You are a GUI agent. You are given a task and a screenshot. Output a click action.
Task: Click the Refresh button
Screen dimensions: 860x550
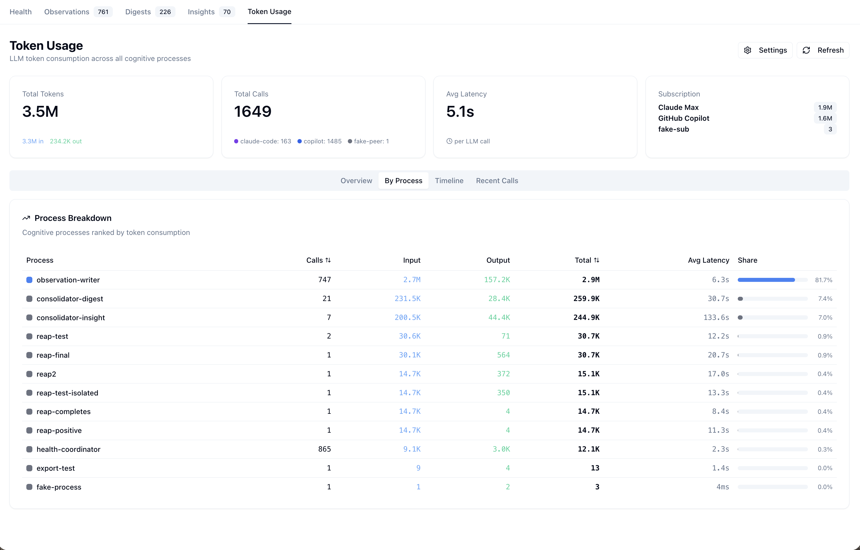pos(822,50)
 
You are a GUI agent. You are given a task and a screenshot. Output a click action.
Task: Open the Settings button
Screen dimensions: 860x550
pos(765,50)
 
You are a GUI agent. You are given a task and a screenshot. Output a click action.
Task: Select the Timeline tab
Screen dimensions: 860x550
pos(449,181)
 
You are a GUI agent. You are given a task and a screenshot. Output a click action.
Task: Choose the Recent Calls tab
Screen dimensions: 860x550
pos(497,181)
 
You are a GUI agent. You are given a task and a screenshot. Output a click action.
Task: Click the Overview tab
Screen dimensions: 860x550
pos(356,181)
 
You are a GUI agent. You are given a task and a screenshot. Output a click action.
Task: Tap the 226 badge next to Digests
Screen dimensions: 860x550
pos(165,12)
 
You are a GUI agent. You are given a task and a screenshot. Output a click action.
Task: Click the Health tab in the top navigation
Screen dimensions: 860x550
pos(21,12)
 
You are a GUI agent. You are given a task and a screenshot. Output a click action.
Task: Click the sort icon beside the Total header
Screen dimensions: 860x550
pos(597,260)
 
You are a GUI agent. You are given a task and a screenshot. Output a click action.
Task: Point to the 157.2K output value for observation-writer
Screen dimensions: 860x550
pos(497,280)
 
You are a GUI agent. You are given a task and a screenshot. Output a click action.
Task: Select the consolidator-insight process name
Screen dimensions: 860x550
pos(71,318)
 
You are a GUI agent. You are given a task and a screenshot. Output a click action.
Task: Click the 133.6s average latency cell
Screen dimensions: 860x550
pos(716,318)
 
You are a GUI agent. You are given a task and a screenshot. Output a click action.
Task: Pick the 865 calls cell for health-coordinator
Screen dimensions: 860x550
pos(324,449)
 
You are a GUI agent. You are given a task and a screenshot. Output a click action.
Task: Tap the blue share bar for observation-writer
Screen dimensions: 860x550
pos(766,280)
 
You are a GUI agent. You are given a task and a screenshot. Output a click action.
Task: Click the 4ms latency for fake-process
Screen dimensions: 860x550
pos(723,487)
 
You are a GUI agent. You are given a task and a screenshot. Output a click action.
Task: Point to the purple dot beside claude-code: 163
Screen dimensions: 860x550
pos(236,141)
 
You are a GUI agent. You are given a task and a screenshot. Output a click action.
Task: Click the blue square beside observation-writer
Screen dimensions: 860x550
pos(29,280)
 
